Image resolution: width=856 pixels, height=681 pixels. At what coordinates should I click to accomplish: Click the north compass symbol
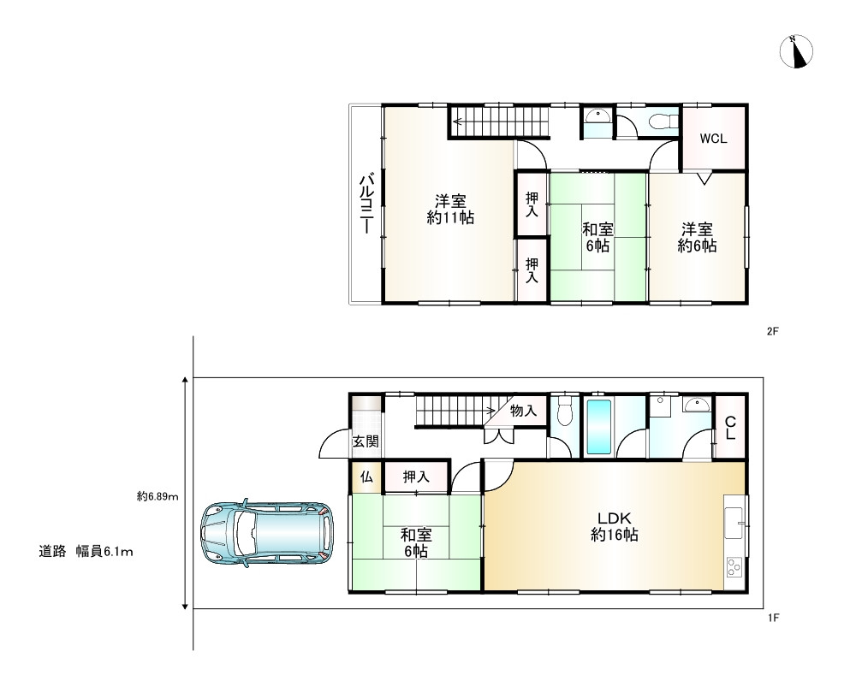(x=796, y=52)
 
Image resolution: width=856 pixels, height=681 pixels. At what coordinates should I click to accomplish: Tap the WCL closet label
(x=713, y=139)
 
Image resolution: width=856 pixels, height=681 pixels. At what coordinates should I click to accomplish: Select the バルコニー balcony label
(x=367, y=204)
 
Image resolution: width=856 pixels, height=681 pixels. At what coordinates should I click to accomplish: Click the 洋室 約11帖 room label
(x=450, y=209)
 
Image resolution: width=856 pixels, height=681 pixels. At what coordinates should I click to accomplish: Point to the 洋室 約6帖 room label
(x=697, y=237)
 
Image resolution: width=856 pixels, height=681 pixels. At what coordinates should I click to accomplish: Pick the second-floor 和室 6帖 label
(x=597, y=237)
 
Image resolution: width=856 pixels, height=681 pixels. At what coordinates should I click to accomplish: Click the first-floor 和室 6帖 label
(x=416, y=542)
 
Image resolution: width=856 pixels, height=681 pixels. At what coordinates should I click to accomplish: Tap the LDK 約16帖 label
(x=614, y=526)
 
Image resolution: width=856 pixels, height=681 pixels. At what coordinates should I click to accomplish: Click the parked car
(x=266, y=532)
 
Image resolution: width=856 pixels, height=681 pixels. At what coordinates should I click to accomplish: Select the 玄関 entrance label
(x=366, y=441)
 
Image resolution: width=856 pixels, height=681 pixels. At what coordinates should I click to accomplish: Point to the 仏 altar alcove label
(x=366, y=477)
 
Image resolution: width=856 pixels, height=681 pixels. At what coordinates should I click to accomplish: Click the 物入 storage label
(x=523, y=411)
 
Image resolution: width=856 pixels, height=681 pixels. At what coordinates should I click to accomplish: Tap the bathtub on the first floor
(x=598, y=427)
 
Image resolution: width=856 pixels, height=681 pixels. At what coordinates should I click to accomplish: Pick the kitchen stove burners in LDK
(x=734, y=567)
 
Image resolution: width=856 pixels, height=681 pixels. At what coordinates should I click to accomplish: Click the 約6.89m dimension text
(x=158, y=496)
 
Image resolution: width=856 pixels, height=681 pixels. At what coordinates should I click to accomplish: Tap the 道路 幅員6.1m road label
(x=86, y=552)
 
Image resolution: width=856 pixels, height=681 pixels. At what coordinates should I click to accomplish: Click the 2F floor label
(x=772, y=331)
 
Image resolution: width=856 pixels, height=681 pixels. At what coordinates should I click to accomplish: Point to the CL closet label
(x=730, y=429)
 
